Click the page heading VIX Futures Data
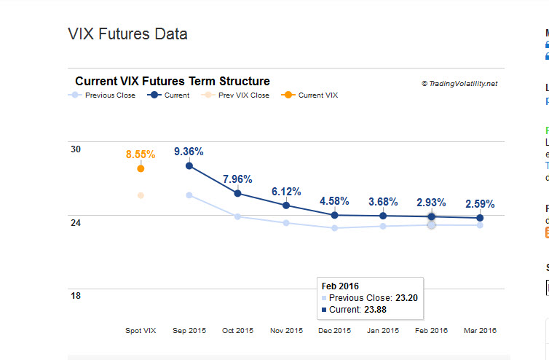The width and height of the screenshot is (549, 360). coord(127,34)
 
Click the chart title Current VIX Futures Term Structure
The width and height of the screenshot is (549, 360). coord(173,82)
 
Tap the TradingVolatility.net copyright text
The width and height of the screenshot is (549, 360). coord(459,84)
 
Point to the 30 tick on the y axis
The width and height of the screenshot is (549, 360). coord(76,149)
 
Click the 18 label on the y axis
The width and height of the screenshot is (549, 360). coord(76,295)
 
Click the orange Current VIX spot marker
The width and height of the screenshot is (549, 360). coord(141,168)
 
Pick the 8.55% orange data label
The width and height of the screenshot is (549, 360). coord(141,154)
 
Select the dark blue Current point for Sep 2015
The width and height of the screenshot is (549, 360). coord(189,166)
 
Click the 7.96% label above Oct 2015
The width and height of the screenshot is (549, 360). coord(237,179)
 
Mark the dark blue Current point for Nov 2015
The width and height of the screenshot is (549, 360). coord(286,206)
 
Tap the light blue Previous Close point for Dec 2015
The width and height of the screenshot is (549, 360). coord(334,228)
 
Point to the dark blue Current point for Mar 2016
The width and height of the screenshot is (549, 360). coord(480,218)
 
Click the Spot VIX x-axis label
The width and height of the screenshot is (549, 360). coord(141,331)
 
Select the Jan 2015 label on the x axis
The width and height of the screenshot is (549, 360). coord(383,331)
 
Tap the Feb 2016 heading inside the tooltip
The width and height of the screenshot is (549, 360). coord(340,286)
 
